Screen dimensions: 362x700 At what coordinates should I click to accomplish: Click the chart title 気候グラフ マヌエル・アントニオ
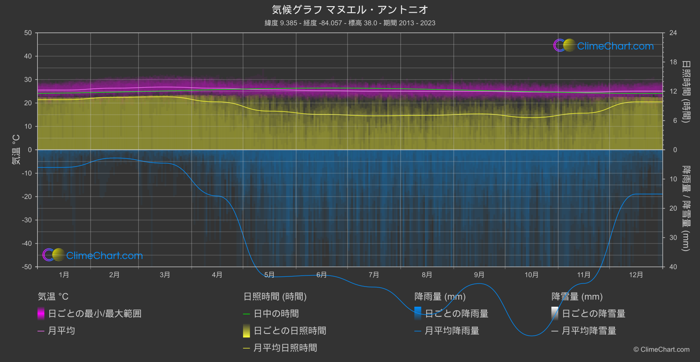click(x=350, y=10)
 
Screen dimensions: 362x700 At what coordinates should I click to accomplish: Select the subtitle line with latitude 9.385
click(x=350, y=23)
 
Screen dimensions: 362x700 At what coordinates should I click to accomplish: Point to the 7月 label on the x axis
click(x=374, y=275)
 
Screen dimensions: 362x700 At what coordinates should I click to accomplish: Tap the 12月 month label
click(x=636, y=275)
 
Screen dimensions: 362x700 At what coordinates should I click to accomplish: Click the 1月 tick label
click(x=64, y=275)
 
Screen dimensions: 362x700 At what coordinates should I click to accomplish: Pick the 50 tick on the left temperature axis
click(x=28, y=33)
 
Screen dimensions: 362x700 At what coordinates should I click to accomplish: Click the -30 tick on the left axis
click(x=27, y=220)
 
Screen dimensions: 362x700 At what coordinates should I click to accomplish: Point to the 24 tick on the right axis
click(x=673, y=33)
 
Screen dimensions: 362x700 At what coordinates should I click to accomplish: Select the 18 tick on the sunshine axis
click(x=673, y=62)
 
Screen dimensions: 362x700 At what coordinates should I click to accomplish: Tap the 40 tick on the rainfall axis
click(x=673, y=267)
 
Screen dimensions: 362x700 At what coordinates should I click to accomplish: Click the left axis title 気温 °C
click(x=16, y=150)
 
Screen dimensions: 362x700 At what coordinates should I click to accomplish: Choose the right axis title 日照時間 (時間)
click(x=685, y=91)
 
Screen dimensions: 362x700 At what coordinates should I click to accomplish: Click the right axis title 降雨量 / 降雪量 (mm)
click(x=685, y=208)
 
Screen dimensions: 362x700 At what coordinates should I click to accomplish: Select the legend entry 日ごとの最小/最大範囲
click(x=94, y=314)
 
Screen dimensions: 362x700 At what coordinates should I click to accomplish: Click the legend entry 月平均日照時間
click(x=285, y=348)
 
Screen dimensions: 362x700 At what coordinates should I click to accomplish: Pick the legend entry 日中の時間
click(x=276, y=314)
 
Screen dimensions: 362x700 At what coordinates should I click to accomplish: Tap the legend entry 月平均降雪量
click(x=589, y=331)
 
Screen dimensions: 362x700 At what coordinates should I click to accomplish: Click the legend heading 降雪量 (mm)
click(x=577, y=297)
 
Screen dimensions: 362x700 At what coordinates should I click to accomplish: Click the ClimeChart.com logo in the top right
click(x=604, y=46)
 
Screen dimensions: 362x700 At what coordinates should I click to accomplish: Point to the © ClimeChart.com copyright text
click(x=661, y=350)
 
